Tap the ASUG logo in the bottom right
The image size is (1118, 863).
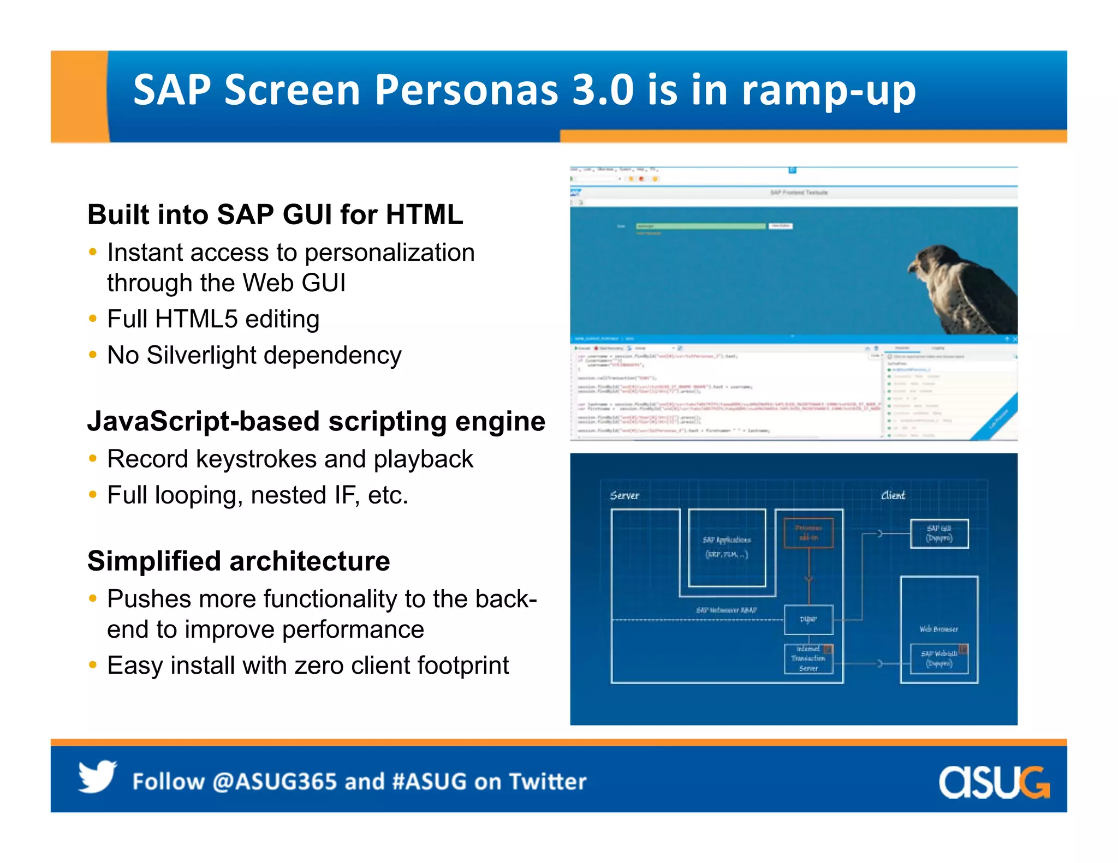point(994,782)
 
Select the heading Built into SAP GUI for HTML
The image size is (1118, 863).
point(275,214)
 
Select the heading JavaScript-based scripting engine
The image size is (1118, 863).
point(316,422)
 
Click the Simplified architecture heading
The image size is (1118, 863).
point(239,561)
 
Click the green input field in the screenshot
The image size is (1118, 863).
point(700,226)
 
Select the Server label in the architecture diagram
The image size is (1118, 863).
point(624,495)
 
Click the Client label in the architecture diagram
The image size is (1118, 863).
point(893,495)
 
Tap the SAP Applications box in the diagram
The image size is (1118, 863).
point(727,547)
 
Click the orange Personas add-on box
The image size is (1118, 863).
point(808,533)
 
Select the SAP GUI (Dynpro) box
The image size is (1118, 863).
point(939,534)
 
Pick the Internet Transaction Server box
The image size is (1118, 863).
point(808,659)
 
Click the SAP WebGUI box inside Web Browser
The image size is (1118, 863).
point(939,659)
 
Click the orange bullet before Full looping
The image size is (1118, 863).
point(93,495)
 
